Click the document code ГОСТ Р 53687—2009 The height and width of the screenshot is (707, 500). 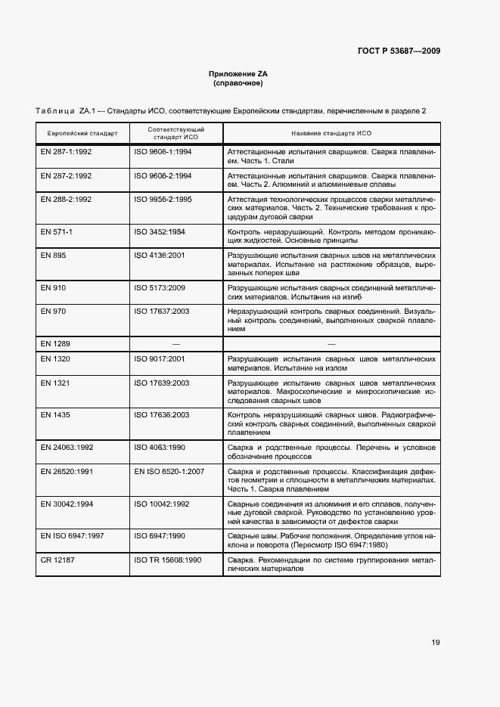point(399,51)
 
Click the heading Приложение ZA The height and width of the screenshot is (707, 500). point(238,73)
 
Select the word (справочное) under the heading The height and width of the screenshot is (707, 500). point(238,83)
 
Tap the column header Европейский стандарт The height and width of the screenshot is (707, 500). point(82,133)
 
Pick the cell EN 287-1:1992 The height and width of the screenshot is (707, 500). point(66,151)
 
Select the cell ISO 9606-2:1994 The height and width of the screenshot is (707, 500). point(163,175)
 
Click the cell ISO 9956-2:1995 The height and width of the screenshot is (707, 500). point(163,199)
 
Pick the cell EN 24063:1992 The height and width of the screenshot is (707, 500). point(67,447)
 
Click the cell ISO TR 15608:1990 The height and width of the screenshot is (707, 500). point(167,560)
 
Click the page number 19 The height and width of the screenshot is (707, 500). point(436,643)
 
